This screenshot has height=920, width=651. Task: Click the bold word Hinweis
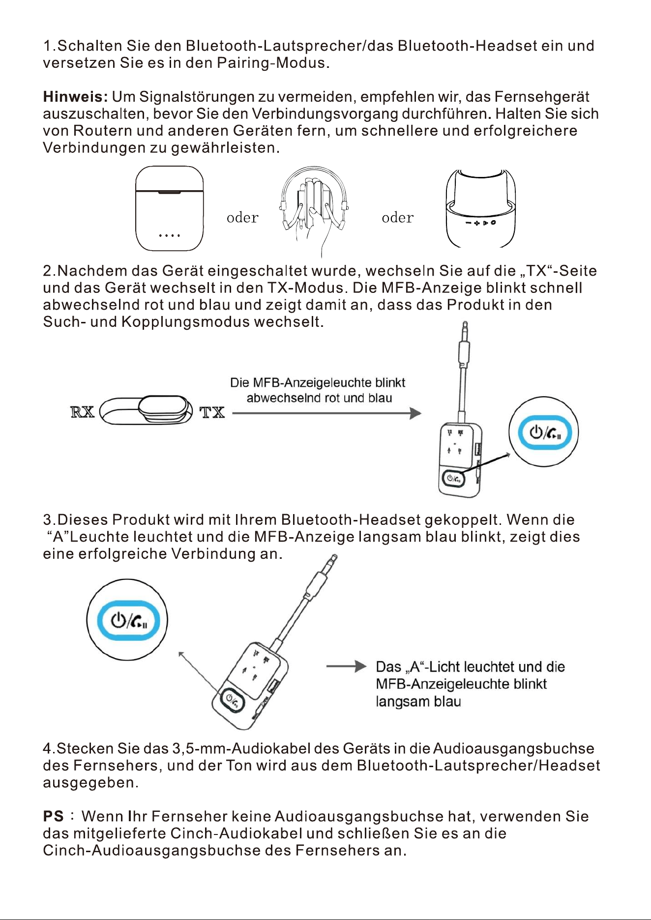[x=75, y=97]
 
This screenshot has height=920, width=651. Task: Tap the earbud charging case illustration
[x=169, y=208]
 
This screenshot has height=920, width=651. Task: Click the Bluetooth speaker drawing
[x=480, y=208]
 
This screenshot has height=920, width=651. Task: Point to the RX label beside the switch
[x=83, y=411]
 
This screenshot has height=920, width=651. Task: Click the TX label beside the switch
[x=212, y=412]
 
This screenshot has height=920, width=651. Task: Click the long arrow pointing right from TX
[x=326, y=413]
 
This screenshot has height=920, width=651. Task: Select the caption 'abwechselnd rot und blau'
[x=319, y=398]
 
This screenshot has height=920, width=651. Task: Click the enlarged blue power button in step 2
[x=543, y=432]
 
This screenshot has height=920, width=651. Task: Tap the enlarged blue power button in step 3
[x=128, y=620]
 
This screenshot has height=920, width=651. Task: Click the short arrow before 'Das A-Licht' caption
[x=347, y=666]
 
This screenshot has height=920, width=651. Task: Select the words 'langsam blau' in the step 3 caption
[x=418, y=701]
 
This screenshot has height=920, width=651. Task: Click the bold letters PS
[x=53, y=816]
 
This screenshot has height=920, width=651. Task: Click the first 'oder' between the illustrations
[x=242, y=217]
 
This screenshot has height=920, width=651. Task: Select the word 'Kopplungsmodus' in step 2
[x=186, y=322]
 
